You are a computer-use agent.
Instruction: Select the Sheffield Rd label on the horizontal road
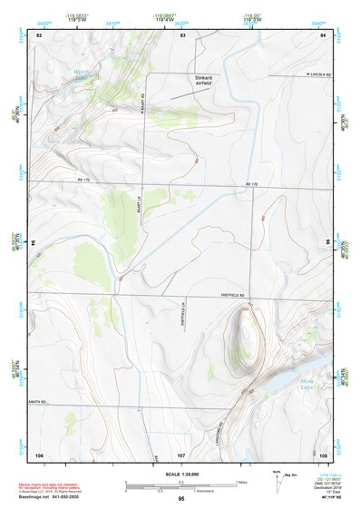[233, 297]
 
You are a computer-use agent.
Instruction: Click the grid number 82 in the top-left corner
[38, 34]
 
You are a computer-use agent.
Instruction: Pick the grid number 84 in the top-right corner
[323, 34]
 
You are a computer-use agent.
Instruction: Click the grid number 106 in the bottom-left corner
[39, 454]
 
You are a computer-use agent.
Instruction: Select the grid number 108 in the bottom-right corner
[323, 454]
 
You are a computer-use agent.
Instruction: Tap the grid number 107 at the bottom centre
[180, 454]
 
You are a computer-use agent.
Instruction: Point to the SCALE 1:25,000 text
[181, 475]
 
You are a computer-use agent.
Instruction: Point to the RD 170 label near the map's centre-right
[252, 185]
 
